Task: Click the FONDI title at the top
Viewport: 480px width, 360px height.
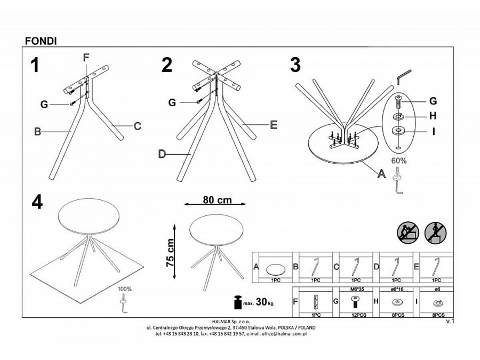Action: coord(41,41)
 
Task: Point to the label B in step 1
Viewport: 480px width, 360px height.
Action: coord(37,132)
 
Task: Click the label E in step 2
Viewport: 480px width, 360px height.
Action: coord(274,125)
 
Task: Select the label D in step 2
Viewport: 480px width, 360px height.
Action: coord(162,154)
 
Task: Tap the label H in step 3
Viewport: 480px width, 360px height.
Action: coord(433,116)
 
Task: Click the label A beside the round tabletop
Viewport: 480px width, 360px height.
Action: coord(381,173)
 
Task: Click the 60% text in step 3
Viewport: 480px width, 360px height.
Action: coord(399,160)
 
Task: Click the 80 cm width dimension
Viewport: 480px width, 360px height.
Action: coord(217,201)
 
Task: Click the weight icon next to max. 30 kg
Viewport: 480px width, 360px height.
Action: coord(237,302)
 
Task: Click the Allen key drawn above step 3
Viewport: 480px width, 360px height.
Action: coord(403,76)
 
